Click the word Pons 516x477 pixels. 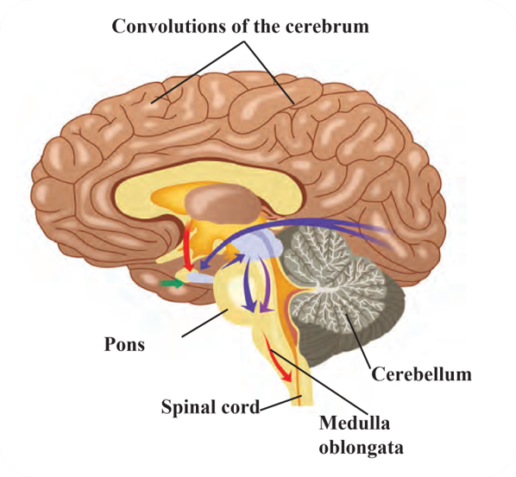click(124, 345)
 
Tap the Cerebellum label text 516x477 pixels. click(422, 374)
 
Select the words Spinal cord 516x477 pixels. click(211, 407)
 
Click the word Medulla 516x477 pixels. click(355, 423)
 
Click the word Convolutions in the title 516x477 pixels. click(168, 26)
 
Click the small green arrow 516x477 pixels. click(172, 283)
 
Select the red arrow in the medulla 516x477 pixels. click(278, 358)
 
